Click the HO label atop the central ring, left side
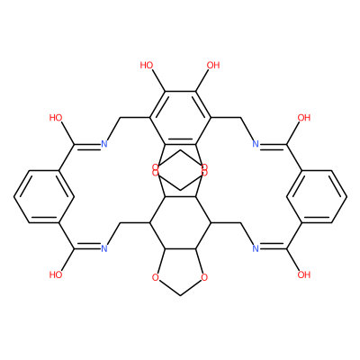coord(147,65)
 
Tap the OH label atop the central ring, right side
coord(213,65)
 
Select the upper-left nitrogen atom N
coord(104,144)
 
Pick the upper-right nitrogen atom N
coord(256,144)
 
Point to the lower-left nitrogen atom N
coord(104,248)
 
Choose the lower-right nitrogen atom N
coord(256,248)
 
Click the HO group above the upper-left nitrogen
coord(56,118)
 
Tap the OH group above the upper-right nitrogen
coord(303,118)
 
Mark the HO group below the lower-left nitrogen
coord(56,274)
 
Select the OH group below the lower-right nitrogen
coord(303,274)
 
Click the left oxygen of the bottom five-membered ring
coord(155,278)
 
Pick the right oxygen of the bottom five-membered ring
coord(204,278)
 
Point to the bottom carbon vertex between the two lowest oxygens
coord(180,295)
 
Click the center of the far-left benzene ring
coord(44,197)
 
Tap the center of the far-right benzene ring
coord(316,197)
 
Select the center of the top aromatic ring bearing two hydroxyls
coord(180,118)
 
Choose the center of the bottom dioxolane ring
coord(180,268)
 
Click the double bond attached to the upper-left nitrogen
coord(87,146)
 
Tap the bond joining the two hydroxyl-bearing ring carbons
coord(180,92)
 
